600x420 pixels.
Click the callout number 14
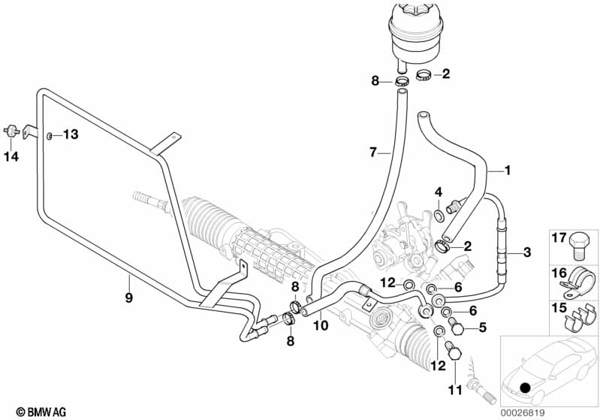tap(11, 156)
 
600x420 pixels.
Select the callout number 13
tap(70, 134)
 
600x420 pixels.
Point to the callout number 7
tap(372, 153)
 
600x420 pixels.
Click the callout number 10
tap(321, 325)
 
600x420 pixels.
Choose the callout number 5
tap(483, 328)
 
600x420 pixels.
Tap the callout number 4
tap(439, 193)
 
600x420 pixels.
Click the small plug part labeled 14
tap(11, 129)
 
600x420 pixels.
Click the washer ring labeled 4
tap(438, 217)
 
